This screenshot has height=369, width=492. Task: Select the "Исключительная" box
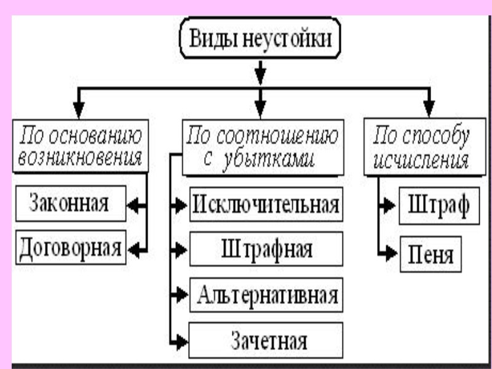coord(266,204)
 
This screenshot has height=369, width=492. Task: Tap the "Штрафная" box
coord(266,249)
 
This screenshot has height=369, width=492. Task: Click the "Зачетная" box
coord(266,339)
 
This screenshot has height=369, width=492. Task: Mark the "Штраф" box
coord(435,204)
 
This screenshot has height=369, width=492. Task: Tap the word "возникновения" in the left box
coord(81,159)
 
